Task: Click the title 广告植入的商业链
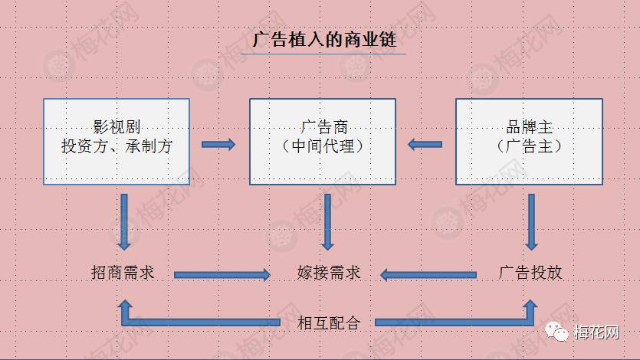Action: pos(324,40)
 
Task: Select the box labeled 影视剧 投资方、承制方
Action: pos(117,142)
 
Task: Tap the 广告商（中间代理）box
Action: pos(323,142)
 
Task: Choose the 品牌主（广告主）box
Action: pos(529,142)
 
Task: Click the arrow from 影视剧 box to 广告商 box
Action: pos(218,144)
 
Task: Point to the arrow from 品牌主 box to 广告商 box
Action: pos(425,144)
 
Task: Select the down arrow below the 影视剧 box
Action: pos(124,222)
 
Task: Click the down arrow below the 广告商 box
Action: pos(327,222)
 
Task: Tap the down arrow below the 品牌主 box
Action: pos(531,222)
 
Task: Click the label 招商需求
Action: pos(123,273)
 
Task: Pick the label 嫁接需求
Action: pos(329,273)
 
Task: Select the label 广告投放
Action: pos(530,273)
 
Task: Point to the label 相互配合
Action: pos(329,323)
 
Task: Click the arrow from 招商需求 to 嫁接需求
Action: pos(222,275)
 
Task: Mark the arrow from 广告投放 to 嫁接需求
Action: pos(428,275)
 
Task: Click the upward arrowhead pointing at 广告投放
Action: pos(530,306)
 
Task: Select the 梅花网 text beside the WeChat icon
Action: pos(596,332)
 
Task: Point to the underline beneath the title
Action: pos(323,54)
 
